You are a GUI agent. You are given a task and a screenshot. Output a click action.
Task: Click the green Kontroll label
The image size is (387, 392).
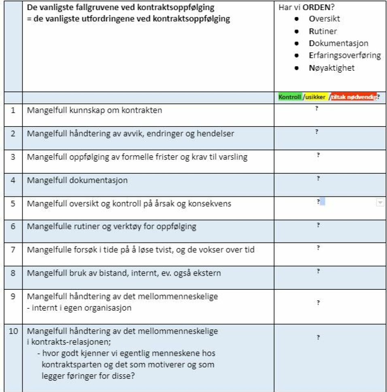[290, 97]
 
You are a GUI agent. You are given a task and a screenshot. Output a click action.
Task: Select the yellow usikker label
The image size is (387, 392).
[316, 97]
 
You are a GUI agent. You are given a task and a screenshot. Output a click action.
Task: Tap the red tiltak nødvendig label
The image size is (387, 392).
[353, 97]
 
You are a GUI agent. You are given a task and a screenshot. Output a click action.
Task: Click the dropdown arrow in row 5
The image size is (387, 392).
[380, 203]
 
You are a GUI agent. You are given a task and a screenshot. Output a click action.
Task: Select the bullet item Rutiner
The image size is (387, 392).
[323, 31]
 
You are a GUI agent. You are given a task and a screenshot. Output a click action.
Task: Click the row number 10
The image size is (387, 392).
[13, 332]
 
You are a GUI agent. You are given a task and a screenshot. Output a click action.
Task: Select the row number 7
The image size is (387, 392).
[13, 250]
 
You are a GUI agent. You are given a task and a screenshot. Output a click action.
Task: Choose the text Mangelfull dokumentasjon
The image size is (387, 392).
[77, 180]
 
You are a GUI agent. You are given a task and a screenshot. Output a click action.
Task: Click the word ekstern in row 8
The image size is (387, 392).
[207, 273]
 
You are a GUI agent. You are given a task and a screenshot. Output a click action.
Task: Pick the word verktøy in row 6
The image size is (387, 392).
[125, 227]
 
